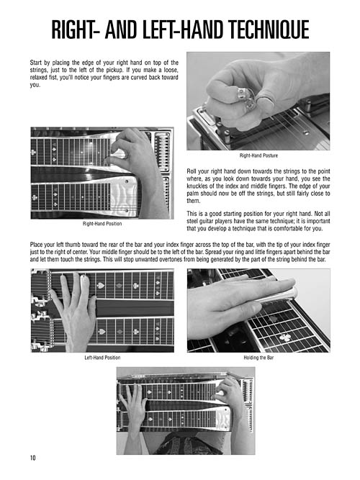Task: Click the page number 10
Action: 34,458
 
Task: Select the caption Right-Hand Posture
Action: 257,155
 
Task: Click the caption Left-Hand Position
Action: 102,357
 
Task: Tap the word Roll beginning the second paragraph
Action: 194,167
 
